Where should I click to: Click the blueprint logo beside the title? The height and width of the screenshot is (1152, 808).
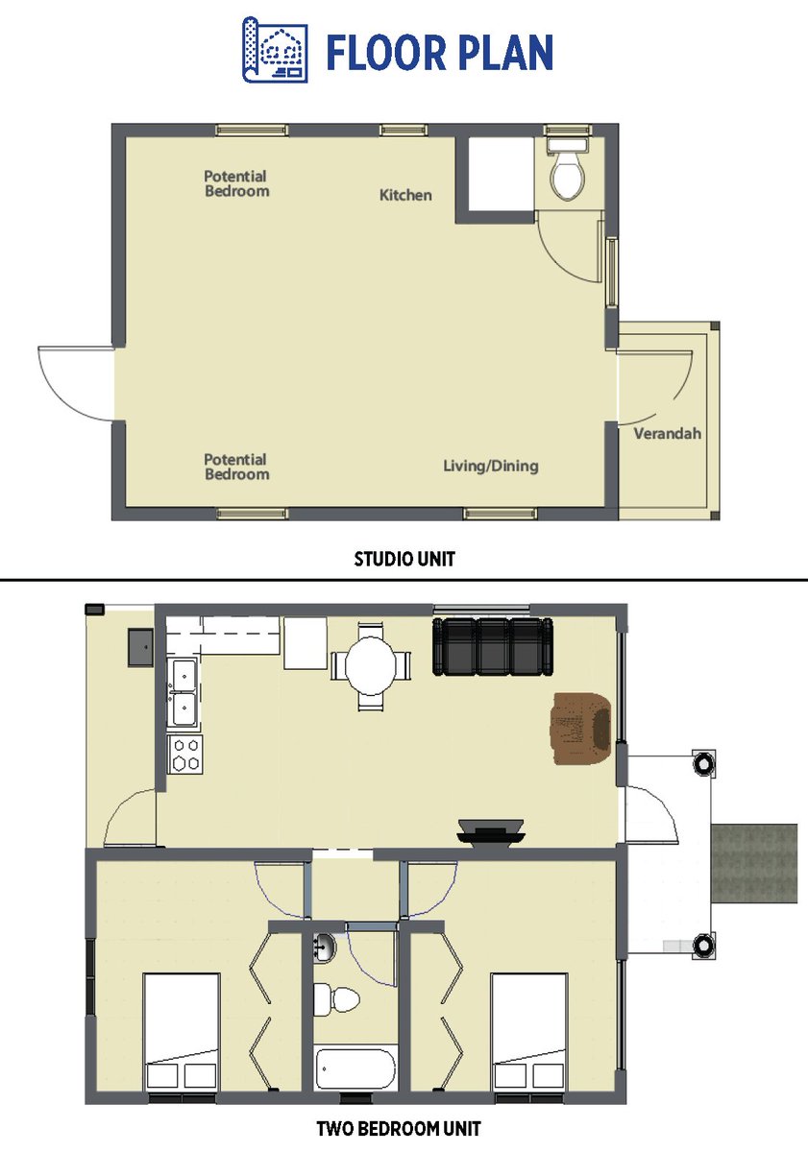(x=275, y=49)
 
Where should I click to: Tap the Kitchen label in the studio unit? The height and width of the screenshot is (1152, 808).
(x=405, y=195)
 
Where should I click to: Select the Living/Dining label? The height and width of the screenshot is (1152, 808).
(x=491, y=466)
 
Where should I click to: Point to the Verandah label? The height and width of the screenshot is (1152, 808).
(x=667, y=434)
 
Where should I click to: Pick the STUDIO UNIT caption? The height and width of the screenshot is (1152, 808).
(x=404, y=559)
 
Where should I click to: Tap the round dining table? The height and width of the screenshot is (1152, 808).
(x=371, y=666)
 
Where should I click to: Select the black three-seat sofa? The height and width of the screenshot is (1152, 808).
(x=493, y=646)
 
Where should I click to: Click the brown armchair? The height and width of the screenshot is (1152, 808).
(x=582, y=728)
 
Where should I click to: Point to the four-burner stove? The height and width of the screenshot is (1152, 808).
(x=184, y=754)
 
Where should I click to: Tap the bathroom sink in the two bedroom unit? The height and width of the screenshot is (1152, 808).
(x=324, y=947)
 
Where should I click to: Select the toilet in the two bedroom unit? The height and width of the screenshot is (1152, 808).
(x=335, y=999)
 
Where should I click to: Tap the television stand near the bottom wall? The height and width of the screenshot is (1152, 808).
(x=491, y=831)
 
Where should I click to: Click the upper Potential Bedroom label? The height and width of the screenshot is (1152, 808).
(x=236, y=183)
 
